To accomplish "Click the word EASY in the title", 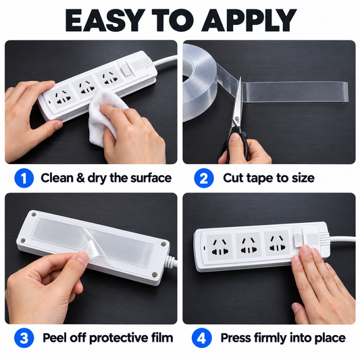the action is (x=103, y=20).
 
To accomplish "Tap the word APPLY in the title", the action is (x=249, y=20).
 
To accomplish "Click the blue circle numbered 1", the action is (x=24, y=178).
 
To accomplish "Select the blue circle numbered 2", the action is (x=204, y=178).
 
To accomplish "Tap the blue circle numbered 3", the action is (x=24, y=338).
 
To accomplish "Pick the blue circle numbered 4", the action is (x=201, y=338).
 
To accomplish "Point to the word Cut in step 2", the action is (x=234, y=178).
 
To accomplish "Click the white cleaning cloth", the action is (x=105, y=116).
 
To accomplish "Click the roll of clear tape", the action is (x=201, y=82).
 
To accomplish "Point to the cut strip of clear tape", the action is (x=295, y=92).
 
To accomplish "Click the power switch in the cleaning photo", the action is (x=126, y=70).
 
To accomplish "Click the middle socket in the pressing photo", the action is (x=249, y=245).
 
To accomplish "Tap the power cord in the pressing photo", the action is (x=342, y=239).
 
